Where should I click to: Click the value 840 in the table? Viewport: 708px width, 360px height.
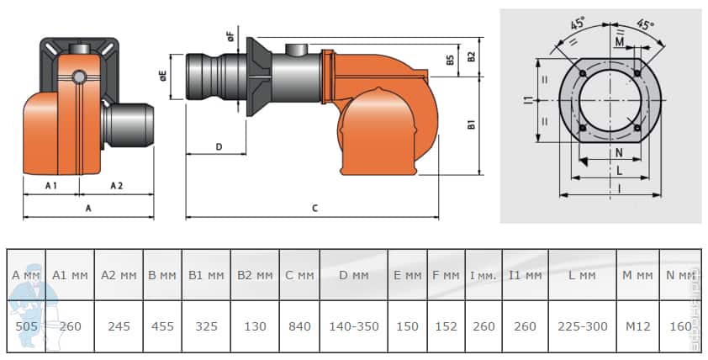pos(300,326)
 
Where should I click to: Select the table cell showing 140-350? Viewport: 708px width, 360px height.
pos(354,326)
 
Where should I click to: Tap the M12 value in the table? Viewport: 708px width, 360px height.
pos(637,326)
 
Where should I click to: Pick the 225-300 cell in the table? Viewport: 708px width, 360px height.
pos(583,326)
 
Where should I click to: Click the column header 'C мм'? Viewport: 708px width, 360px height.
pos(300,275)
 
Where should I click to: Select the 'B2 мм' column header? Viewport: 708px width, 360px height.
pos(255,275)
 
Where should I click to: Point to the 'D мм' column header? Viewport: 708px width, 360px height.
pos(354,275)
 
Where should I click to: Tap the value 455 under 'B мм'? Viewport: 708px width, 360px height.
pos(162,326)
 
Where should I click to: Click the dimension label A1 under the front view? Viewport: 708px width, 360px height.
pos(51,186)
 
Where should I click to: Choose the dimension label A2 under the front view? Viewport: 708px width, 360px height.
pos(117,186)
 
